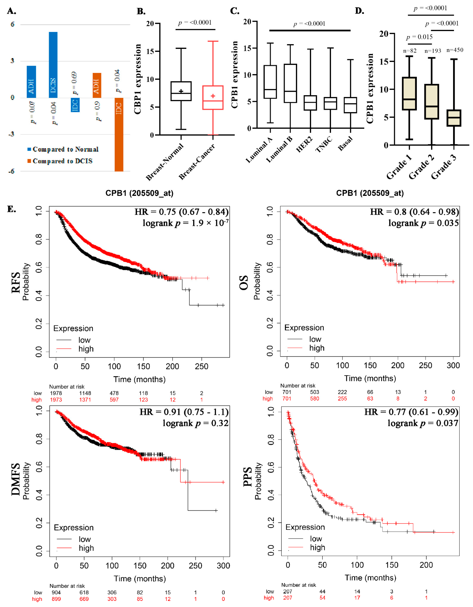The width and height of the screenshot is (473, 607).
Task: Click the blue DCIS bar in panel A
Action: [x=53, y=65]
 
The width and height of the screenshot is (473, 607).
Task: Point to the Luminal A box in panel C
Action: [x=270, y=82]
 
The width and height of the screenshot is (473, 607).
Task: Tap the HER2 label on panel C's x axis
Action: [x=304, y=145]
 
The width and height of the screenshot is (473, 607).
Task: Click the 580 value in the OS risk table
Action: [x=315, y=399]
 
